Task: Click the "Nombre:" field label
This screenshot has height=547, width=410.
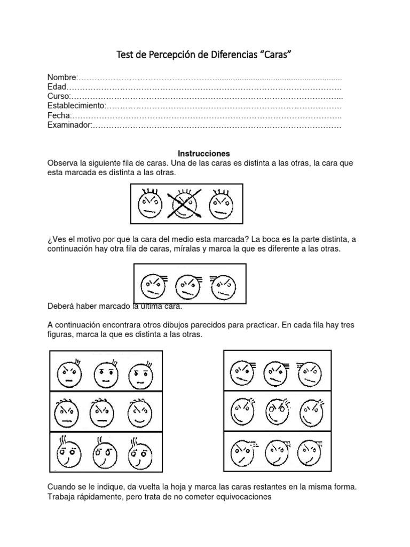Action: [63, 78]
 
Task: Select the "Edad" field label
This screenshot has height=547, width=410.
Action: [58, 88]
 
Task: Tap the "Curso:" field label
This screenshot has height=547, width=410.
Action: [59, 97]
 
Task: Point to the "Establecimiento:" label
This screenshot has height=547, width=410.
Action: [77, 106]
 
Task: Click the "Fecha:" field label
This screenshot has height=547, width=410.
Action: [59, 116]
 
